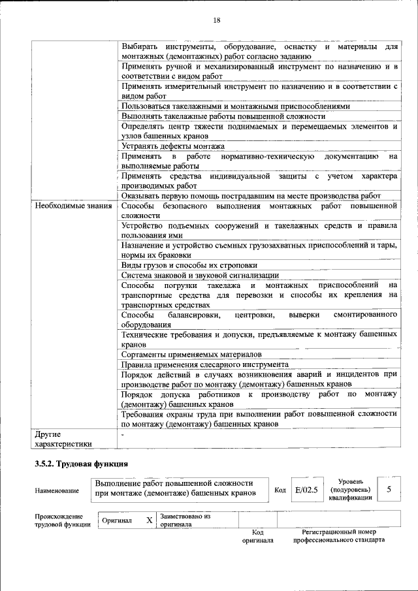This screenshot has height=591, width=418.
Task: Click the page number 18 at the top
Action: [x=216, y=20]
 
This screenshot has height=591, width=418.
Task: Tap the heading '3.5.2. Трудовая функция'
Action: [x=81, y=464]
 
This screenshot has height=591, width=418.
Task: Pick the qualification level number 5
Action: [x=389, y=489]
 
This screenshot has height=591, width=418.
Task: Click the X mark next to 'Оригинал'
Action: [x=149, y=520]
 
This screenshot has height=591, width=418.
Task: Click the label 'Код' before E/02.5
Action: [x=280, y=490]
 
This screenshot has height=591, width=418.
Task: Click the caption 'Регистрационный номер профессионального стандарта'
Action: [x=338, y=535]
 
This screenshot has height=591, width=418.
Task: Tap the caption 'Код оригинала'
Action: [x=257, y=535]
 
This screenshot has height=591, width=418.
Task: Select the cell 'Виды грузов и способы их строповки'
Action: [x=189, y=265]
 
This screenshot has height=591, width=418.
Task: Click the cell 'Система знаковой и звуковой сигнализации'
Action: [x=200, y=275]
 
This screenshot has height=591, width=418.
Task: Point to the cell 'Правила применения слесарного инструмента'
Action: [x=204, y=364]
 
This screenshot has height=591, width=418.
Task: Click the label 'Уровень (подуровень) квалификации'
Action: [x=351, y=489]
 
